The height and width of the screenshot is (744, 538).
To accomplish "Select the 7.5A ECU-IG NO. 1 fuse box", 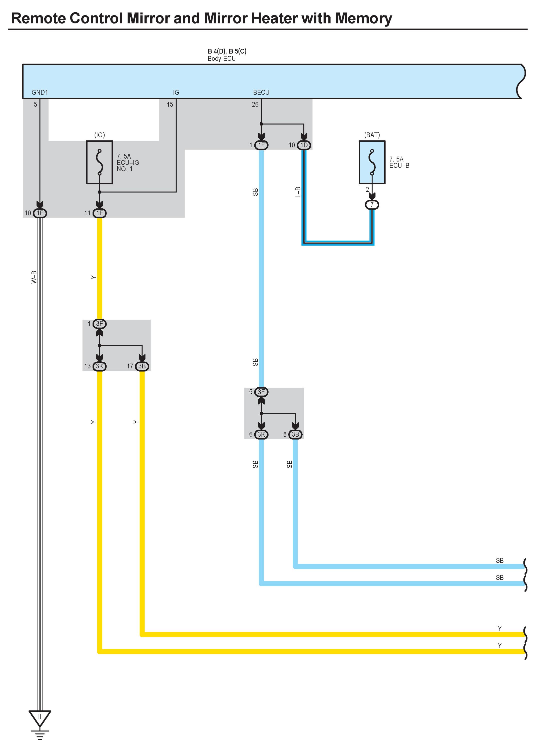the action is coord(99,162).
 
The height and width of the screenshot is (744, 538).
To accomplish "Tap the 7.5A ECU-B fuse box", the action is coord(372,162).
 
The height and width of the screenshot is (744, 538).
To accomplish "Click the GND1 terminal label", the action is coord(40,93).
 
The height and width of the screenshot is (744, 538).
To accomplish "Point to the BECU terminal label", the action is coord(261,93).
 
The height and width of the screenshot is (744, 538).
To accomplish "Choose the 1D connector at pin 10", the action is coord(304,145).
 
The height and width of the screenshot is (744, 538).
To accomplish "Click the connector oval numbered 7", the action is coord(372,205).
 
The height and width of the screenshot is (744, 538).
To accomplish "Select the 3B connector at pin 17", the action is coord(142,366).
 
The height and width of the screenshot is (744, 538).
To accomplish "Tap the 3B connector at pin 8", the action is coord(295,434).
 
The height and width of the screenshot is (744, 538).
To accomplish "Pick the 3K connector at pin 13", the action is coord(99,366).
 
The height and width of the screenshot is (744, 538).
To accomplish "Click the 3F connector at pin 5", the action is coord(261,392).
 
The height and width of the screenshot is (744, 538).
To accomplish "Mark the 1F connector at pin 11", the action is coord(99,213).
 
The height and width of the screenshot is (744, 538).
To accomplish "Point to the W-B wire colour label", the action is coord(34,277).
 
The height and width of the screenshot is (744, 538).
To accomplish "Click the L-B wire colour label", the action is coord(298,192).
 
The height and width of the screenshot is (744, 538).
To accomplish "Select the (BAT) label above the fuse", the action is coord(372,135).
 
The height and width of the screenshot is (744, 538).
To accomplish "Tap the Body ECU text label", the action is coord(222,59).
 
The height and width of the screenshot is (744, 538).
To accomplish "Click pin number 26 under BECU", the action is coord(255,104).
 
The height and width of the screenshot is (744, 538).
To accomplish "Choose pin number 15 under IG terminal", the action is coord(170,104).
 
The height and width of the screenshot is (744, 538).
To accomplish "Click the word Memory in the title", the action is coord(363,18).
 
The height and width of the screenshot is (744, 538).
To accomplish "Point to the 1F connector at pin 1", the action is coord(261,145).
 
